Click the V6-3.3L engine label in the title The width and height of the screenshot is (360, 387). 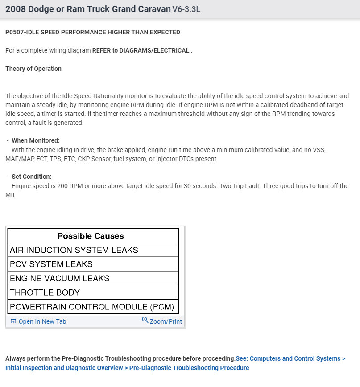pos(186,9)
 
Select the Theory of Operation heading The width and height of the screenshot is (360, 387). pos(33,69)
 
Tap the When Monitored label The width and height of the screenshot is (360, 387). pos(36,140)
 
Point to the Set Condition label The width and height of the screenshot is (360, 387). pos(32,177)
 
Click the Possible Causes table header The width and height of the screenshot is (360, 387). pos(91,236)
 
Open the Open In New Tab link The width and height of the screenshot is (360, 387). pos(42,321)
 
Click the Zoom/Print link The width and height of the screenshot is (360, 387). pos(166,321)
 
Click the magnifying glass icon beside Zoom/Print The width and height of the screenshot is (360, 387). pos(145,320)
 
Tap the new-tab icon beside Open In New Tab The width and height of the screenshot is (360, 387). pos(13,321)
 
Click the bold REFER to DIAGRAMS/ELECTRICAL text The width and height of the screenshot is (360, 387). pos(141,50)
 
